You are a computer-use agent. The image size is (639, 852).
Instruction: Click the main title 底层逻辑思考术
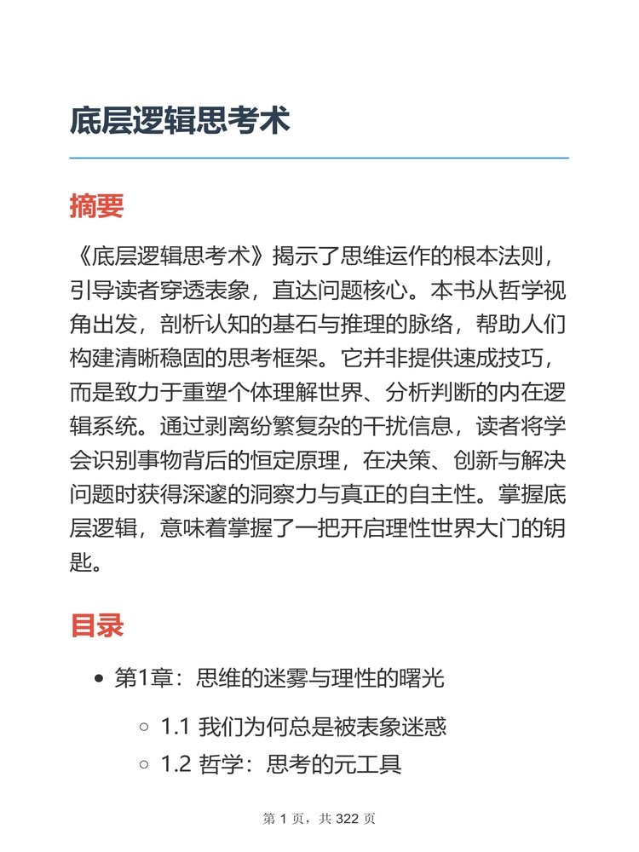coord(180,120)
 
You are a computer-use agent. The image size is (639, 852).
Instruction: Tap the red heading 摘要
coord(96,206)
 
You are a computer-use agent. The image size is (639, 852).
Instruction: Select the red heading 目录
coord(96,625)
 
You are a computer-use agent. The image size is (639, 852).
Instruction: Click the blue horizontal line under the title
coord(319,158)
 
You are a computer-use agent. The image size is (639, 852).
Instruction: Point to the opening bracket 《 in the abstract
coord(81,255)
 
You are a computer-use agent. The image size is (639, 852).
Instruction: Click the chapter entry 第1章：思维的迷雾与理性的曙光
coord(279,679)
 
